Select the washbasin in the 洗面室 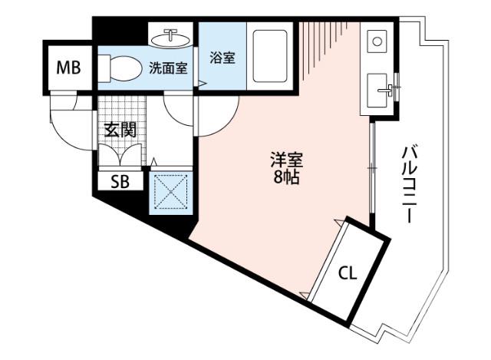point(171,37)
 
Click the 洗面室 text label point(167,68)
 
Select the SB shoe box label point(120,182)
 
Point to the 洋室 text point(285,161)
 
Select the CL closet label point(347,272)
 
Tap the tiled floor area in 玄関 point(119,107)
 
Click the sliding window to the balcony point(371,169)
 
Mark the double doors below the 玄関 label point(120,153)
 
